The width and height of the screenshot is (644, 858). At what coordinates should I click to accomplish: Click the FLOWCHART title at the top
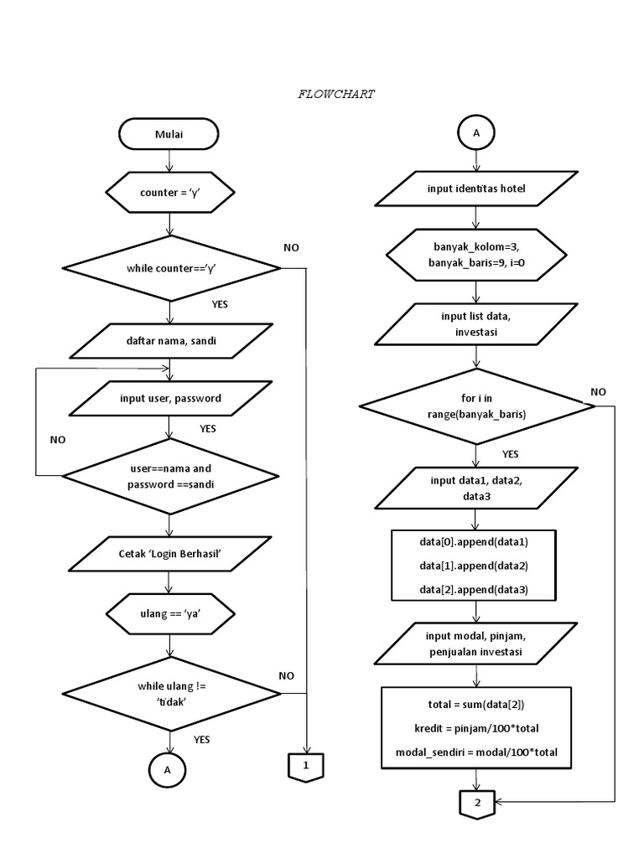pyautogui.click(x=336, y=95)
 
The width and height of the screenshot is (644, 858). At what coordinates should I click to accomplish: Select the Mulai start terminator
pyautogui.click(x=169, y=133)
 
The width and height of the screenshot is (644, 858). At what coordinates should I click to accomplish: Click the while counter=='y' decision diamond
pyautogui.click(x=171, y=268)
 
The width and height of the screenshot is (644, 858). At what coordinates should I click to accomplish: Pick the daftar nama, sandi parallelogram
pyautogui.click(x=170, y=341)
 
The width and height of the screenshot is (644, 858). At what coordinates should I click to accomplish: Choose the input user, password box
pyautogui.click(x=170, y=398)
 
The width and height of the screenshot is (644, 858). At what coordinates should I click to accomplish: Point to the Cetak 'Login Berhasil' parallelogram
pyautogui.click(x=169, y=554)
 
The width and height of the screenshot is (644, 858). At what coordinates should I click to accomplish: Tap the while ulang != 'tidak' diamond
pyautogui.click(x=171, y=693)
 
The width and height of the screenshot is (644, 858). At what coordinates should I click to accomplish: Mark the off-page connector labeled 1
pyautogui.click(x=306, y=766)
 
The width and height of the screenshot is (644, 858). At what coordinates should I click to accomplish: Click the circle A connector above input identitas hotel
pyautogui.click(x=476, y=133)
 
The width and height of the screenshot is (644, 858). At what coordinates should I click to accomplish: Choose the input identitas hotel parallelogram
pyautogui.click(x=476, y=189)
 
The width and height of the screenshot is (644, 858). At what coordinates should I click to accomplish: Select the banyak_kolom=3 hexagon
pyautogui.click(x=476, y=255)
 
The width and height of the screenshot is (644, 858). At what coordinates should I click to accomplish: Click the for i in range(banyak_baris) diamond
pyautogui.click(x=476, y=406)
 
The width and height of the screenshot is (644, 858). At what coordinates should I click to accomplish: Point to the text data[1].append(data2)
pyautogui.click(x=474, y=566)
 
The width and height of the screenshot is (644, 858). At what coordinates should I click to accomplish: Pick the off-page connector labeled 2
pyautogui.click(x=476, y=803)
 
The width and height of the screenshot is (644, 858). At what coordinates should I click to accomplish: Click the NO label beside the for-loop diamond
pyautogui.click(x=599, y=391)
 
